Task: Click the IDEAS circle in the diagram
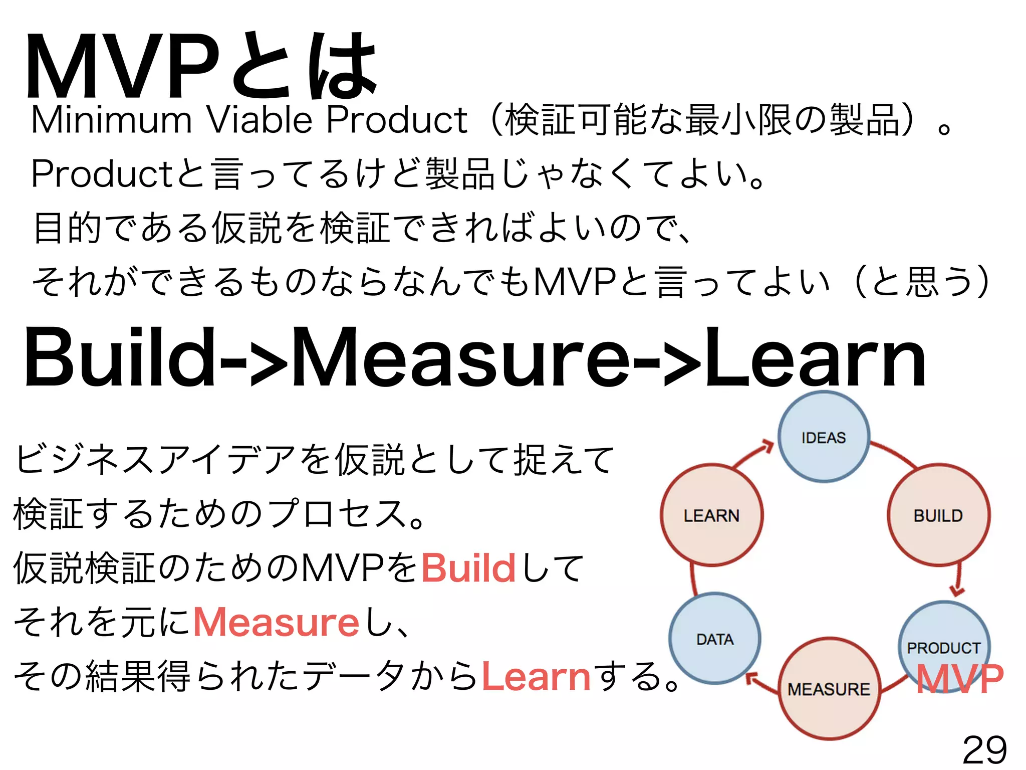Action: (824, 437)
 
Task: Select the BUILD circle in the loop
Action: (938, 515)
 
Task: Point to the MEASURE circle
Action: (829, 689)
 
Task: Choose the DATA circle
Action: (715, 639)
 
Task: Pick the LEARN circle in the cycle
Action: (711, 515)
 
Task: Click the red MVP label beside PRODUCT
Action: (959, 679)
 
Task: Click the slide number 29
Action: (984, 750)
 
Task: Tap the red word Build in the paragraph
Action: (468, 568)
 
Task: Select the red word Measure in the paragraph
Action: (276, 622)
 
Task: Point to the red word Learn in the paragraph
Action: (536, 676)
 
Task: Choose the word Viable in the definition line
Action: (260, 120)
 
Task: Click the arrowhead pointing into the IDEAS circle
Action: (768, 446)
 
